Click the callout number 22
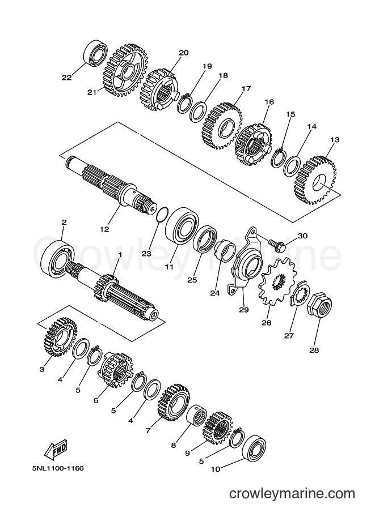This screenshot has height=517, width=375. (67, 78)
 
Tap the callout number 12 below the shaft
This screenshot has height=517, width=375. (104, 229)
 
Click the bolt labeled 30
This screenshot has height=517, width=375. (277, 244)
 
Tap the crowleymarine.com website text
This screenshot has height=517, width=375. (292, 503)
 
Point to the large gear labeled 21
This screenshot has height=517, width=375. (125, 71)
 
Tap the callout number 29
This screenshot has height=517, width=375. (244, 310)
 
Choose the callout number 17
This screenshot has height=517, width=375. (246, 88)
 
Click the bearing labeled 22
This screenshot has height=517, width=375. (95, 52)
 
